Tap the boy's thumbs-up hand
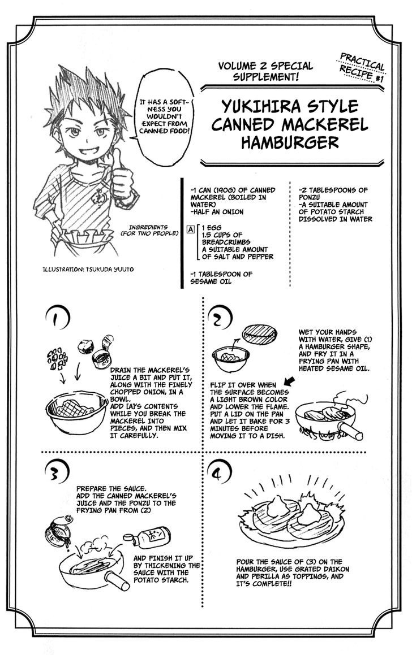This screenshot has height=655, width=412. pyautogui.click(x=121, y=177)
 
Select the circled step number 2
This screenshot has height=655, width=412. pyautogui.click(x=220, y=319)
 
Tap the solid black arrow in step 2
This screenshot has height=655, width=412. pyautogui.click(x=289, y=380)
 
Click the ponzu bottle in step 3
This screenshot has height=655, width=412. pyautogui.click(x=147, y=537)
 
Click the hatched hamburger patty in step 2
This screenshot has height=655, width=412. pyautogui.click(x=260, y=334)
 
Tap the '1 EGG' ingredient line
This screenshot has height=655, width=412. pyautogui.click(x=212, y=228)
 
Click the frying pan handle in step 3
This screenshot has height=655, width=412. pyautogui.click(x=118, y=581)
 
